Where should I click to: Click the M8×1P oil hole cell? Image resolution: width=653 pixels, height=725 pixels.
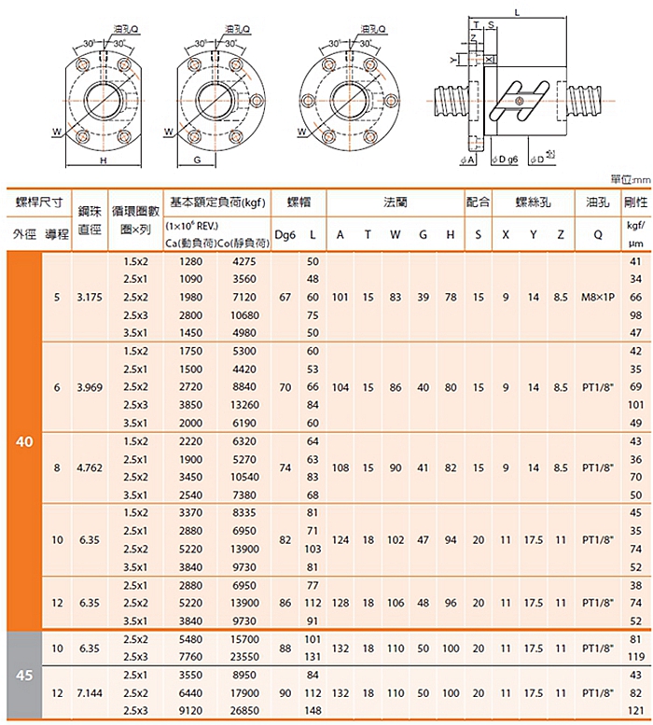coord(598,298)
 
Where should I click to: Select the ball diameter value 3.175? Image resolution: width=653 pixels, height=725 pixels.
coord(90,298)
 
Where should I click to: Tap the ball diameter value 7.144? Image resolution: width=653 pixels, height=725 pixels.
coord(90,693)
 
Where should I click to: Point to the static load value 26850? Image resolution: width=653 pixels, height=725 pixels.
coord(244,711)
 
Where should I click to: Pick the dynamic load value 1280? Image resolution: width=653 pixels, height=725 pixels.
coord(191,261)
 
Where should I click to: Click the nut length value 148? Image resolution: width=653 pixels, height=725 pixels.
coord(313,711)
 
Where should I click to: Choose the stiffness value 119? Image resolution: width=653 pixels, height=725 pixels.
coord(636,657)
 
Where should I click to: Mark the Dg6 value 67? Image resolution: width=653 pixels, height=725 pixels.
coord(285,298)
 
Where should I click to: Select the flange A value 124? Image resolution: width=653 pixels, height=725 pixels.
coord(340,540)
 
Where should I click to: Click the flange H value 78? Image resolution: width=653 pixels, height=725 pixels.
coord(451,298)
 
